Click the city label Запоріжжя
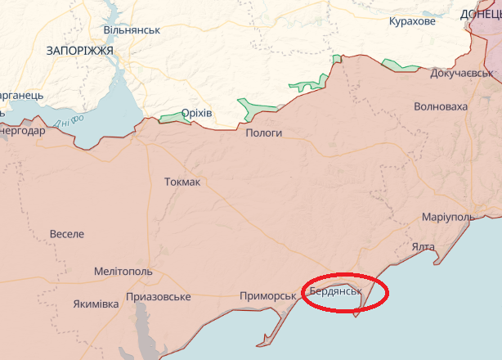click(x=79, y=51)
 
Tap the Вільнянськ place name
click(x=132, y=29)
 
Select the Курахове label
click(x=412, y=20)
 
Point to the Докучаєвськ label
click(x=463, y=73)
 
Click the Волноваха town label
click(x=441, y=106)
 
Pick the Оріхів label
click(x=196, y=113)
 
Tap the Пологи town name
click(x=263, y=133)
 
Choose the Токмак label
click(x=182, y=182)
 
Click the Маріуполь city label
click(x=448, y=217)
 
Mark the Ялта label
click(x=423, y=246)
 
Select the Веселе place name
click(x=66, y=234)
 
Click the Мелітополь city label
click(x=123, y=271)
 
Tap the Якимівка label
click(x=96, y=304)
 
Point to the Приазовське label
click(x=159, y=296)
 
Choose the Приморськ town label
click(x=267, y=295)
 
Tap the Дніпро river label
click(x=71, y=121)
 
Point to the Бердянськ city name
click(x=335, y=291)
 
